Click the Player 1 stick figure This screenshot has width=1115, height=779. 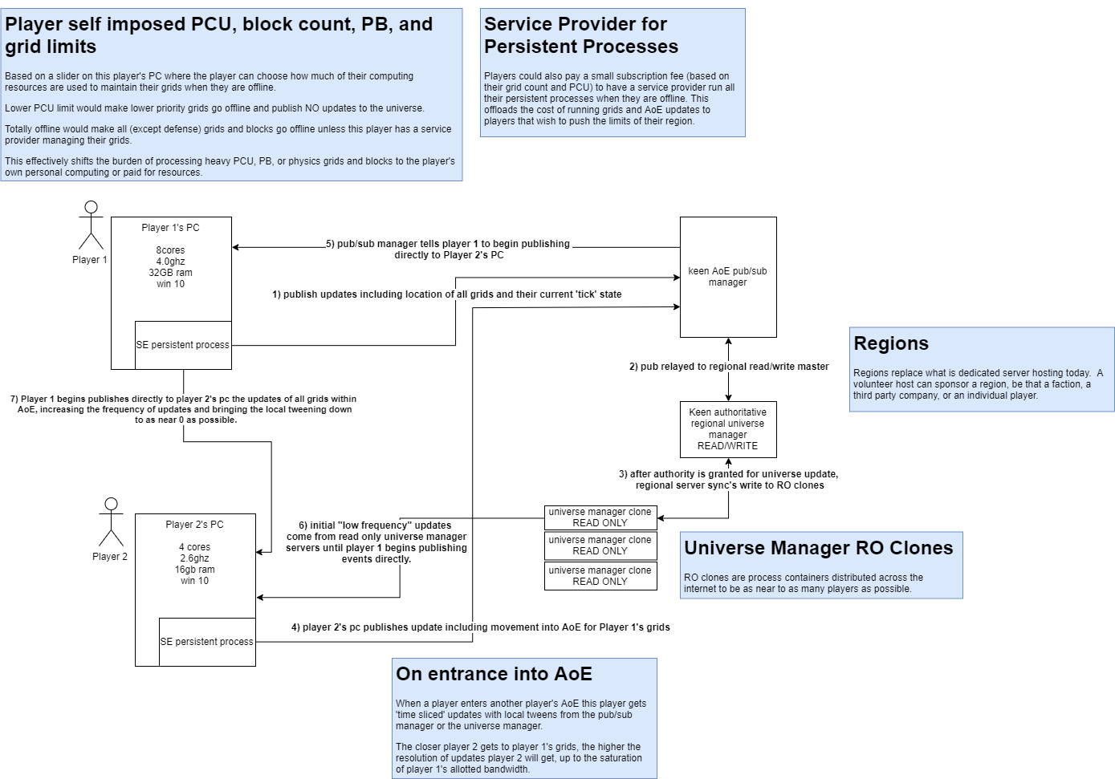coord(91,225)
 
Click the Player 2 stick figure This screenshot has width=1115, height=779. coord(111,522)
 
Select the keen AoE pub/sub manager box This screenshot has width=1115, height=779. coord(728,277)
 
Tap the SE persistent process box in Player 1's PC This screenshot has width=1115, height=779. coord(183,345)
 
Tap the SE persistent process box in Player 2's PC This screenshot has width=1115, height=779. coord(207,642)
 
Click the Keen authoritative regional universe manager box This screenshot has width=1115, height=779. coord(728,429)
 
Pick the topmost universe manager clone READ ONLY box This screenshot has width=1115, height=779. coord(600,517)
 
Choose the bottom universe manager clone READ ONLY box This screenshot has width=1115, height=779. coord(600,576)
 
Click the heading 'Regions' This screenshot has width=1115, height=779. coord(891,343)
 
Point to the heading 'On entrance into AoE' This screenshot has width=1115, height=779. coord(494,674)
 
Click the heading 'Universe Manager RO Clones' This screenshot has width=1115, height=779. coord(818,548)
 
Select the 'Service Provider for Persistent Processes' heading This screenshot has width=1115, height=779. coord(581,35)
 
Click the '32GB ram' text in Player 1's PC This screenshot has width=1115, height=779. coord(170,273)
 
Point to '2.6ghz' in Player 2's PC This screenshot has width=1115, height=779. coord(194,558)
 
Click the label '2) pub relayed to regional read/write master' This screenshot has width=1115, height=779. coord(729,367)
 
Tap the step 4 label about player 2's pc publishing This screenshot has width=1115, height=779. coord(480,627)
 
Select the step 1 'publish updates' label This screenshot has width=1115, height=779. coord(446,294)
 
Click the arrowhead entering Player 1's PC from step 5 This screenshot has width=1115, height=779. coord(236,247)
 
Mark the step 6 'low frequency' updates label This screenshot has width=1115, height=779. coord(376,542)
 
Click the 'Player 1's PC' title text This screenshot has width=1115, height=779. coord(170,228)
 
